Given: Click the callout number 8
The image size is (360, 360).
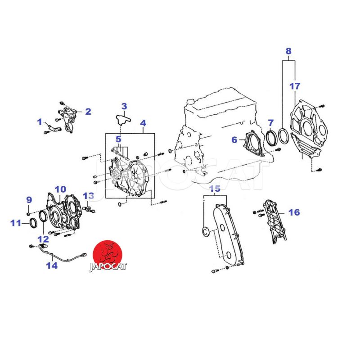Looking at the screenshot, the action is coord(288,51).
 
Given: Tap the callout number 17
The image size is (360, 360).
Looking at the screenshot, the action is coord(295,86).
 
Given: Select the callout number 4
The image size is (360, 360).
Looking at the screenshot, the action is coord(143,123).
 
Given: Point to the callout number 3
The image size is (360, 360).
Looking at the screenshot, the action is coord(124,106).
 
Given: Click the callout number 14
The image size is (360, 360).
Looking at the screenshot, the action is coord(52,265).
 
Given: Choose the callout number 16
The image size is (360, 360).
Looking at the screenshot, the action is coord(294,212).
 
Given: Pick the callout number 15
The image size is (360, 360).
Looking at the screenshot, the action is coord(215,189).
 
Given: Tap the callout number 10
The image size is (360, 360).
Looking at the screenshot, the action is coord(60,189).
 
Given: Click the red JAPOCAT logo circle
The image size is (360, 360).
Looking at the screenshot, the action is coord(107,255).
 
